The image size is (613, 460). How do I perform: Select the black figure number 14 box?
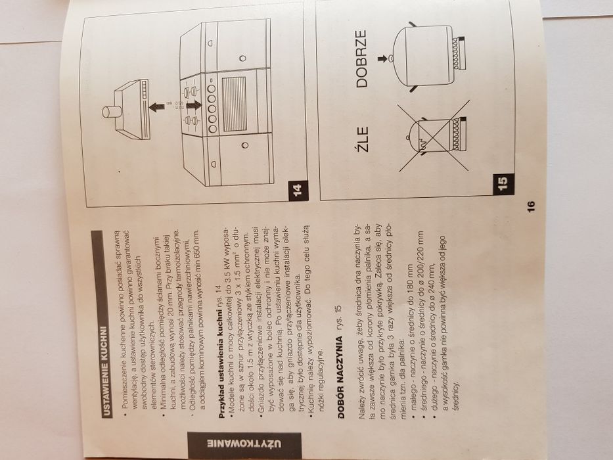tap(297, 191)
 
